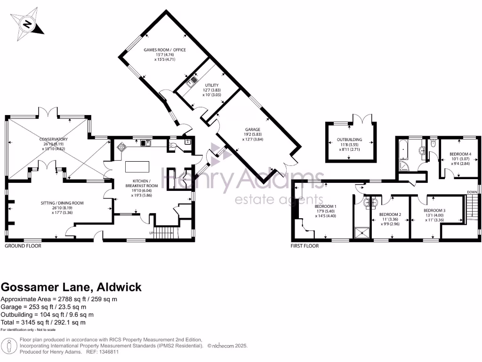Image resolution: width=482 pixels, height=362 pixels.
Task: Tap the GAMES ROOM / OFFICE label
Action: coord(165,49)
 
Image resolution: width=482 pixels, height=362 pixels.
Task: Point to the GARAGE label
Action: coord(252,129)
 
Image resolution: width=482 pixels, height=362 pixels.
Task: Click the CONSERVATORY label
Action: coord(54,140)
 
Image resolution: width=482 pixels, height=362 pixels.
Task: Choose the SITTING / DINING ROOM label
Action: coord(62,203)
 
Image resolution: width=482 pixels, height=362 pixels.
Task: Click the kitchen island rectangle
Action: coord(137,167)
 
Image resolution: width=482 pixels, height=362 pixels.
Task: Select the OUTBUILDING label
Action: coord(349,140)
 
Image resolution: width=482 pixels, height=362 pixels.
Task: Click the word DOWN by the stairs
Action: coord(472,191)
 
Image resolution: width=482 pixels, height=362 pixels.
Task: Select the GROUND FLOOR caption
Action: coord(23,246)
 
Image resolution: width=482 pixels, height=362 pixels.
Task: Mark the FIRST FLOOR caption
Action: coord(305,246)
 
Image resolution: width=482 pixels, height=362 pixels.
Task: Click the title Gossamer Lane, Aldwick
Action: coord(71,287)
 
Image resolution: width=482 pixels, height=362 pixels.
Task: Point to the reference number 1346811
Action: coord(106,352)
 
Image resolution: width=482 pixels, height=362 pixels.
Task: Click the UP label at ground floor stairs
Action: coord(151,233)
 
